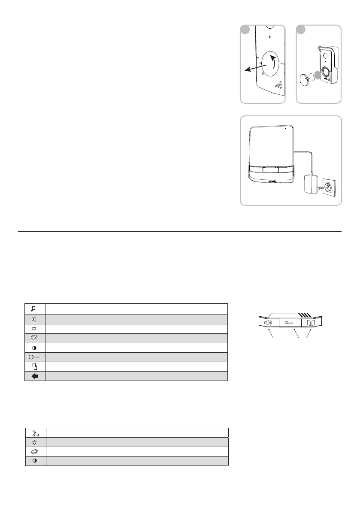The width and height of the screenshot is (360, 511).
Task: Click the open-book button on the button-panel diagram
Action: coord(311,323)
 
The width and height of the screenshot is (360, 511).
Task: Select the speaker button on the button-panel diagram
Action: coord(269,323)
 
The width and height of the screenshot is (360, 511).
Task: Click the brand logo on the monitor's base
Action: coord(273,181)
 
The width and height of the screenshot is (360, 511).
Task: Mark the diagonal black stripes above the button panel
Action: coord(310,314)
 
